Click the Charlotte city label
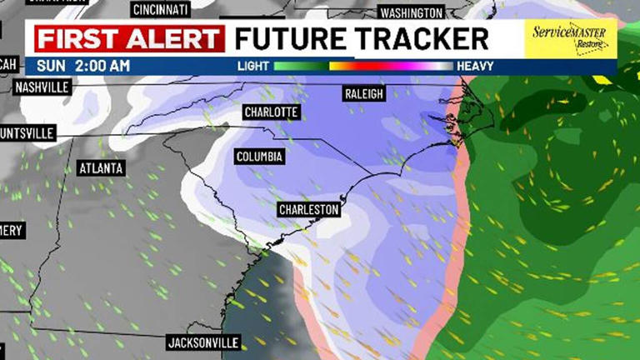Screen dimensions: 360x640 coord(271,112)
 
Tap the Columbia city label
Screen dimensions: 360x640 coord(260,157)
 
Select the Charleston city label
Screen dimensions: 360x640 coord(309,209)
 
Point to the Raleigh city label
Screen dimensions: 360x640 coord(364,94)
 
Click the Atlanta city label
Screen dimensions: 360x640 coord(101,168)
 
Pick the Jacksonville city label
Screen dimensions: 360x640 coord(203,342)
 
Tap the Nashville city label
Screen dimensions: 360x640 coord(42,87)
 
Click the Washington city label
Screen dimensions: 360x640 coord(410,12)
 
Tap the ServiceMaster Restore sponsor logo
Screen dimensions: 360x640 coord(570,39)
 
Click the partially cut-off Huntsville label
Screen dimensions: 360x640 coord(27,132)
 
